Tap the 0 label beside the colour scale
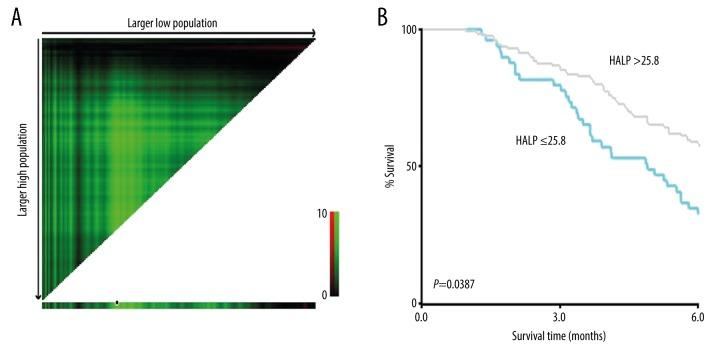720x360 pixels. (x=322, y=295)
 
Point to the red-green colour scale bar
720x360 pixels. (x=334, y=255)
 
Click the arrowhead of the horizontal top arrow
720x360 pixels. (x=314, y=35)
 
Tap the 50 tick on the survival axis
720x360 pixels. (x=410, y=166)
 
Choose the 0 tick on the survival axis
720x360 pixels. (x=413, y=303)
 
